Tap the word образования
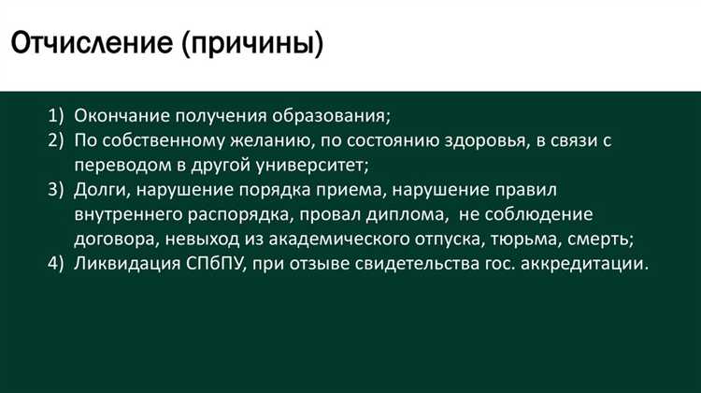(x=331, y=116)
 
